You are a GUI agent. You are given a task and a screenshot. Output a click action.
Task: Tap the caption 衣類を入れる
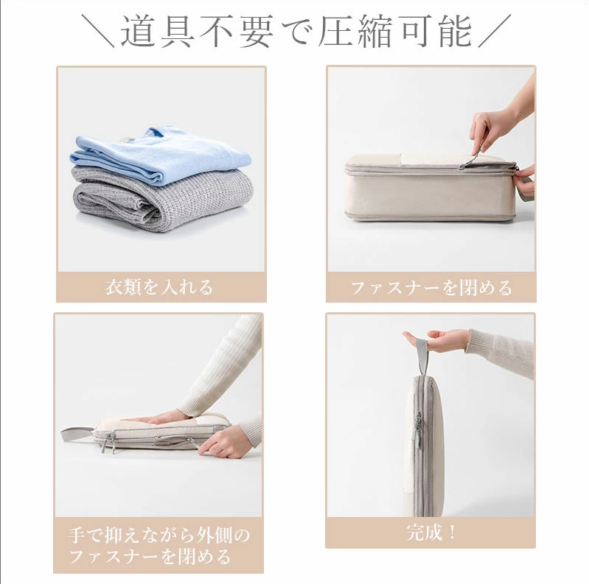pos(160,287)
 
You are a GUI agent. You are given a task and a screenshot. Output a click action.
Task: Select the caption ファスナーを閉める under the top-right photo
pos(431,287)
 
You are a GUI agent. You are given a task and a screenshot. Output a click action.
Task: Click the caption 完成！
pos(431,532)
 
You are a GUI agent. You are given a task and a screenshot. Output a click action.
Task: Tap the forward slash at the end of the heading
pos(494,32)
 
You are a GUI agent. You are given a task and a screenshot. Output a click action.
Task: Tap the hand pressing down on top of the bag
pos(162,418)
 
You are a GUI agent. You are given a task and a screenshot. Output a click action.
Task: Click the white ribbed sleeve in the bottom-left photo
pos(229,368)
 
